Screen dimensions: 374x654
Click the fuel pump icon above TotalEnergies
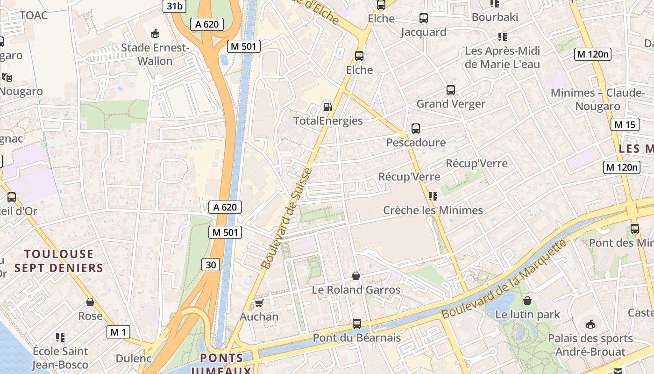pos(328,107)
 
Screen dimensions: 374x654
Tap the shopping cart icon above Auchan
pos(259,303)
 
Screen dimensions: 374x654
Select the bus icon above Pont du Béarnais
pos(357,324)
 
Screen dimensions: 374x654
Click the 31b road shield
pos(174,6)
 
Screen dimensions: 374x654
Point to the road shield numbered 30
pos(211,265)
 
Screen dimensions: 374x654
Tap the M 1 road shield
pos(118,332)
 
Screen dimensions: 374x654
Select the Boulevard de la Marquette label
pos(504,279)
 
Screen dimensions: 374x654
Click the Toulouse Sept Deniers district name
pos(59,261)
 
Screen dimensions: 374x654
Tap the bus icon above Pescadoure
pos(415,129)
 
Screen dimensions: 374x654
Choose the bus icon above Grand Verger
pos(450,90)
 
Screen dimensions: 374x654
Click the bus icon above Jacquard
pos(424,18)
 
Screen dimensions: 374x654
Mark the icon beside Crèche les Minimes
pos(433,196)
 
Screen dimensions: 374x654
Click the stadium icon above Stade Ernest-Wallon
pos(155,33)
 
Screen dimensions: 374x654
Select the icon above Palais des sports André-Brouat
pos(590,324)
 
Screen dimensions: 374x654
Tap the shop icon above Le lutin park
pos(527,301)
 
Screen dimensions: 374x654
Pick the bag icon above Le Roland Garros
pos(356,276)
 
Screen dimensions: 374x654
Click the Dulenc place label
pos(134,359)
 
